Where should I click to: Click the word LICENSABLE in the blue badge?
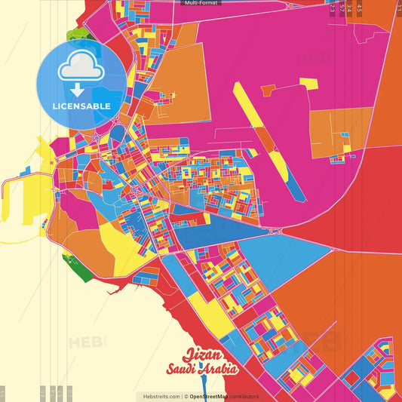click(x=81, y=106)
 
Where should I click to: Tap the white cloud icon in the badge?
click(x=81, y=69)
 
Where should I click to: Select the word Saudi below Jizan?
click(x=187, y=370)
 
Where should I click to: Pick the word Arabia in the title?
click(x=221, y=370)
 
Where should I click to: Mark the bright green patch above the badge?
click(x=77, y=35)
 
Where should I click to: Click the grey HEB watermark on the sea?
click(x=87, y=342)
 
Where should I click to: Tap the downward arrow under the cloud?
click(x=81, y=89)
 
